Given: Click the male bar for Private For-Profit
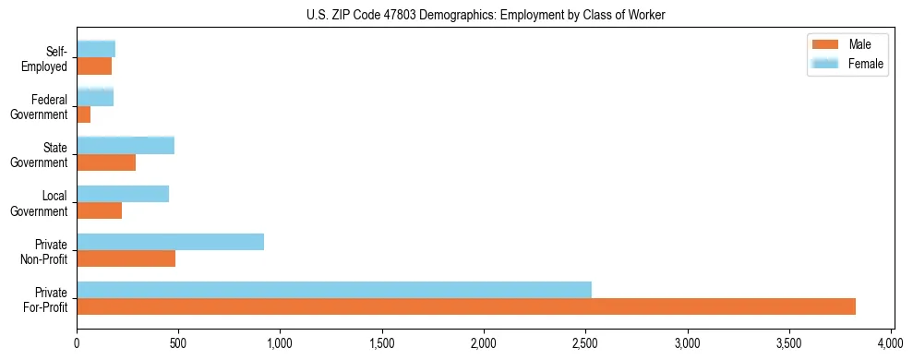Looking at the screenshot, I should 466,306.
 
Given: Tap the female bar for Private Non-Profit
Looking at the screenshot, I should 170,242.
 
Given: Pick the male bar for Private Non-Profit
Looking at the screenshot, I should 126,258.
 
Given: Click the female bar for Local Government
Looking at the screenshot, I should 123,194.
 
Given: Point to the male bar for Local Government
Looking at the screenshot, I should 99,210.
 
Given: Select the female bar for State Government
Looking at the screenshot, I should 126,145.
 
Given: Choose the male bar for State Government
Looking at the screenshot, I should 106,162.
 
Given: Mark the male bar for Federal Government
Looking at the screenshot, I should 83,114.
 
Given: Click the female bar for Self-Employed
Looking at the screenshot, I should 96,49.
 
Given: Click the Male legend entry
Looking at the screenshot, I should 847,44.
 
